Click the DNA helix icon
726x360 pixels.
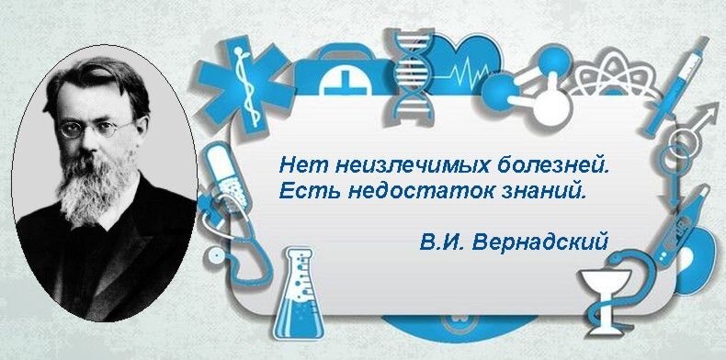tap(414, 73)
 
